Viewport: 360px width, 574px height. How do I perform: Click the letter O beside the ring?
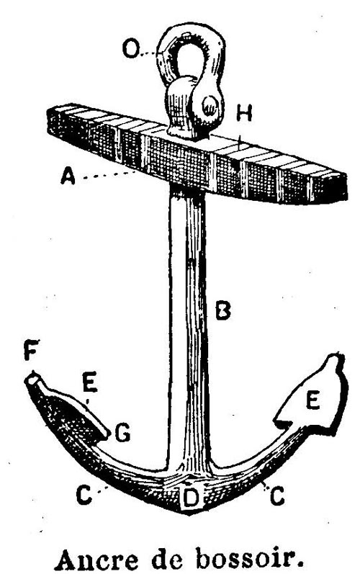[x=130, y=49]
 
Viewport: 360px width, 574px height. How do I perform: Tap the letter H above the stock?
[x=244, y=113]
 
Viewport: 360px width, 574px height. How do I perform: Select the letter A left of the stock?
[x=68, y=175]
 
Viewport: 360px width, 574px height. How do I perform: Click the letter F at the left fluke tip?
[x=31, y=349]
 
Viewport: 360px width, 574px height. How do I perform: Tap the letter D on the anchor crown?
[x=191, y=498]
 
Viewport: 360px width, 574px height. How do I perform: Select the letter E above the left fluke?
[x=90, y=382]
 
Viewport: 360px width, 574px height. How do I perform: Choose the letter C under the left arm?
[x=84, y=495]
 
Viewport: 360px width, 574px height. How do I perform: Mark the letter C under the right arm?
[x=277, y=496]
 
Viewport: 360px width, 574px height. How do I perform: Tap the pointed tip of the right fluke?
[x=334, y=358]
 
